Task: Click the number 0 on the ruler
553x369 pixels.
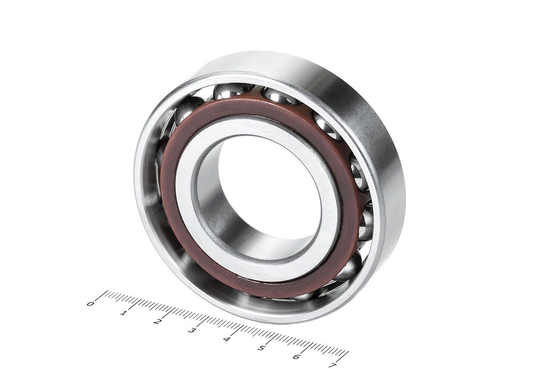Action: pos(90,303)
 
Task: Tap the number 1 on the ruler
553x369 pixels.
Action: pos(124,313)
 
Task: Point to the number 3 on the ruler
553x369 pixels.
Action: pos(191,330)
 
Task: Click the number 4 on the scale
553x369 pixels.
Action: pos(226,339)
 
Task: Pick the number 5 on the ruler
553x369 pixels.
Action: pos(261,348)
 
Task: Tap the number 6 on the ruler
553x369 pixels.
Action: pos(296,356)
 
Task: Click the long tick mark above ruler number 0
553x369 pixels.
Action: pos(101,295)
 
